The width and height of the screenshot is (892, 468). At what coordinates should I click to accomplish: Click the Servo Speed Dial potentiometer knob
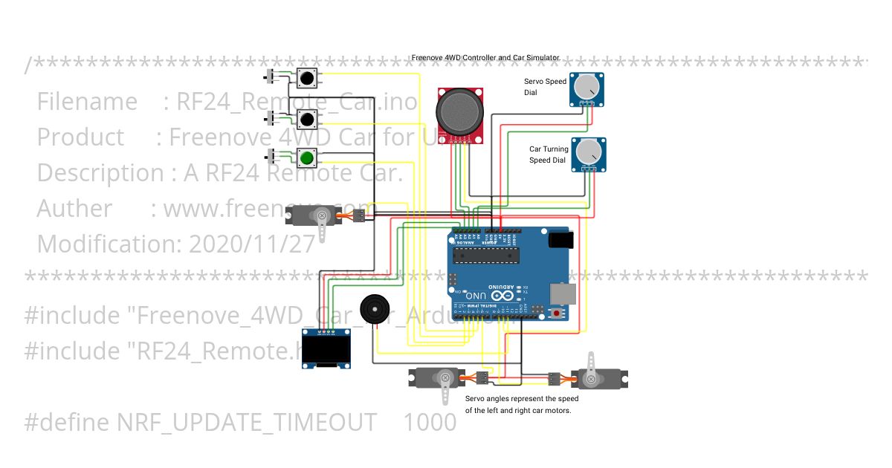pyautogui.click(x=587, y=88)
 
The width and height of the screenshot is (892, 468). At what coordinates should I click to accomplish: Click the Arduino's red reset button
pyautogui.click(x=557, y=313)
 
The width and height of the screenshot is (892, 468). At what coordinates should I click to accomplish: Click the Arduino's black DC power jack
pyautogui.click(x=561, y=240)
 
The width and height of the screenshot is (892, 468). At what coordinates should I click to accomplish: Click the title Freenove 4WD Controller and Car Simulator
pyautogui.click(x=486, y=57)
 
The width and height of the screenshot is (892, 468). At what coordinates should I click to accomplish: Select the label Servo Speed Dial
pyautogui.click(x=545, y=87)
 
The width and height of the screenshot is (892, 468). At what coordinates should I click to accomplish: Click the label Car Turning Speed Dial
pyautogui.click(x=548, y=155)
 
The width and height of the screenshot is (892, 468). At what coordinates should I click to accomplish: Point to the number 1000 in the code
pyautogui.click(x=430, y=422)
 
